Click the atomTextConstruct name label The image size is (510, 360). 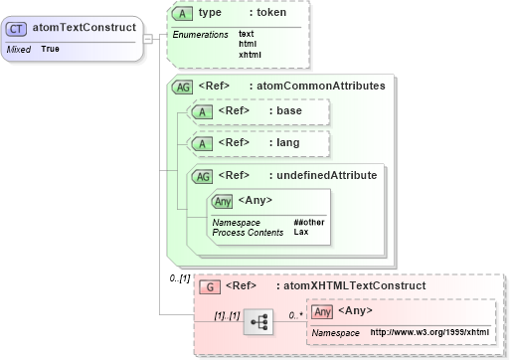[80, 28]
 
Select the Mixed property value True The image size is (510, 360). [50, 49]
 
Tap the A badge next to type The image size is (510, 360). [183, 13]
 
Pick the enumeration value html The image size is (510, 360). [248, 44]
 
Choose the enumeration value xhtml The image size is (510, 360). [250, 54]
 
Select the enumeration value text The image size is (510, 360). [247, 34]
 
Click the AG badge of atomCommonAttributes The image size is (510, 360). [183, 87]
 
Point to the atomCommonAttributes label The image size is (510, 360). [337, 87]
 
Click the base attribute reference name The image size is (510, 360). [289, 111]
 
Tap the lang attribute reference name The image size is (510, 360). [287, 143]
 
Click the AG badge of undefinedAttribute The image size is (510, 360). [201, 176]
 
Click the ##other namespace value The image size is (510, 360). [308, 222]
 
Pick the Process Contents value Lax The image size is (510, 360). [300, 232]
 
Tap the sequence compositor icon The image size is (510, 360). [259, 322]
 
